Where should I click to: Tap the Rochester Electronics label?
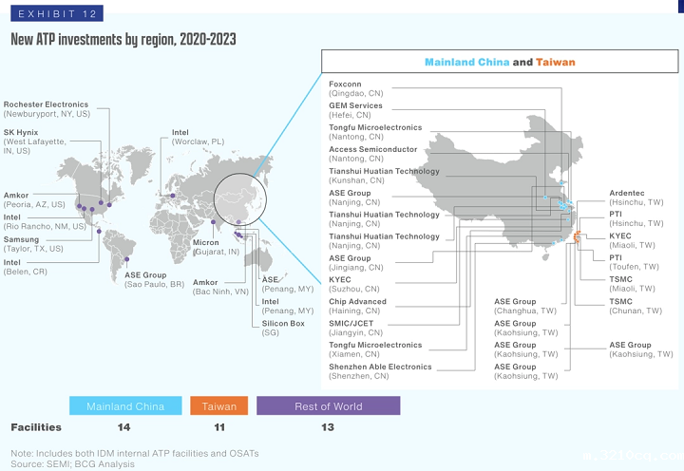[46, 109]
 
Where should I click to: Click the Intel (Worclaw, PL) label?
[198, 137]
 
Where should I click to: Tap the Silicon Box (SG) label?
[283, 329]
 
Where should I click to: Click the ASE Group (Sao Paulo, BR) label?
[154, 279]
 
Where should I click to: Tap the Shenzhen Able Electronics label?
[380, 371]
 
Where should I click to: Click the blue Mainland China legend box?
[125, 406]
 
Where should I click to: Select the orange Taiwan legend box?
[219, 406]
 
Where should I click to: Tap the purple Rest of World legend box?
[328, 406]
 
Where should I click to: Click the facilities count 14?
[124, 427]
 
